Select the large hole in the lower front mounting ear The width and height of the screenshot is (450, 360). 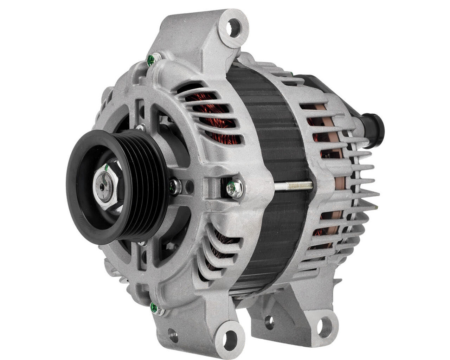[x=230, y=337]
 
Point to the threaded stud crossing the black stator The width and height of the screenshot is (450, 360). [x=292, y=185]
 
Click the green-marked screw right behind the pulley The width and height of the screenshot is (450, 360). [x=174, y=186]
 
